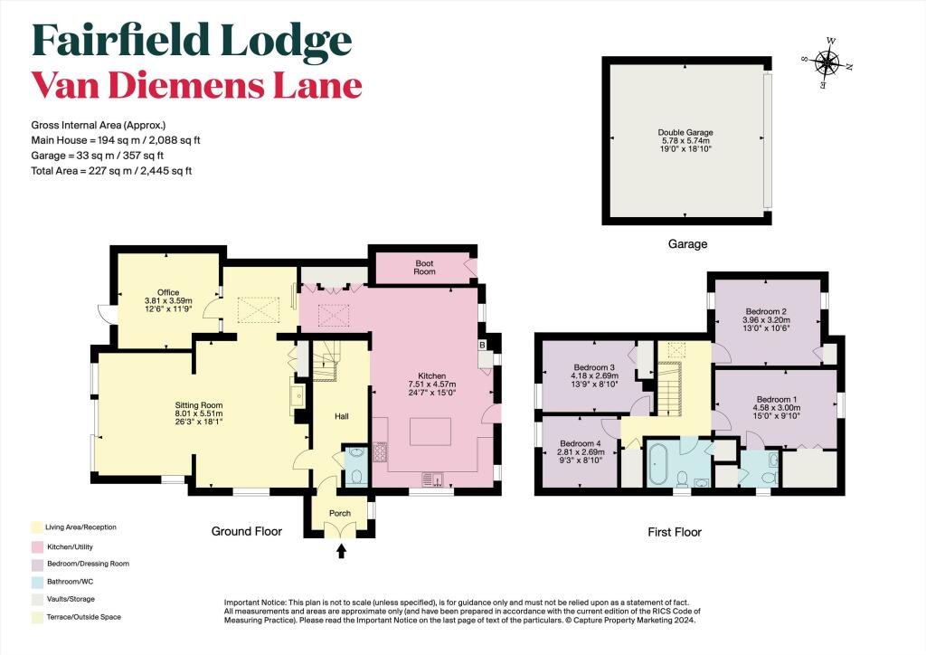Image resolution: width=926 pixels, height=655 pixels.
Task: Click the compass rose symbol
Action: (828, 62)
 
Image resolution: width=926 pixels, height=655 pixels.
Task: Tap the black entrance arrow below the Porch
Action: (341, 551)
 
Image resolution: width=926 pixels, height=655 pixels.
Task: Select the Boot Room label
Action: (424, 268)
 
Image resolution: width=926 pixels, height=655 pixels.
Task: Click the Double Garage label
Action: (685, 132)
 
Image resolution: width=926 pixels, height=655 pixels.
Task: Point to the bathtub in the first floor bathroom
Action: (657, 462)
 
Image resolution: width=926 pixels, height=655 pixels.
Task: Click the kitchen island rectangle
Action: (430, 432)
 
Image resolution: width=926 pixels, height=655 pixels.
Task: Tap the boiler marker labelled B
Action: (482, 345)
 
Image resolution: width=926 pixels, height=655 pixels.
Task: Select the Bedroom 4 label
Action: (580, 443)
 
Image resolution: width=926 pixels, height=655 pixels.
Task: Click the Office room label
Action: (168, 292)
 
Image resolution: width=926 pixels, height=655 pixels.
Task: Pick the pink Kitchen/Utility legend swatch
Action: (37, 547)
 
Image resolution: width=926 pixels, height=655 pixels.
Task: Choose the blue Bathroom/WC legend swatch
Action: (37, 582)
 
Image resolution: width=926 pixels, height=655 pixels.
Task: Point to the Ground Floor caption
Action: (247, 531)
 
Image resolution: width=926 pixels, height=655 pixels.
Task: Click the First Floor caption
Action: (675, 532)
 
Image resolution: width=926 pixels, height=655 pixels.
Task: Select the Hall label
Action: (341, 416)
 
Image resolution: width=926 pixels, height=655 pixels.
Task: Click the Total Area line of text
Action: (111, 171)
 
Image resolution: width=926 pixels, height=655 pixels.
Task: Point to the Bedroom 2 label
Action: (765, 311)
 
